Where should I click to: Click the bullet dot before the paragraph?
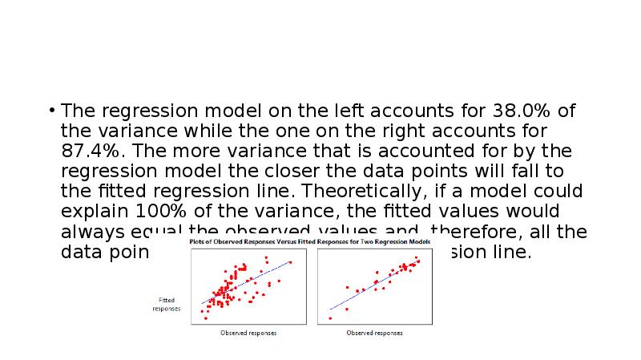pos(51,111)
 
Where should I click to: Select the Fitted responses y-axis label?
pos(167,304)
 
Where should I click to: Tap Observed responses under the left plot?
pos(248,333)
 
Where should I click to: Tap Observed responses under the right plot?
pos(374,333)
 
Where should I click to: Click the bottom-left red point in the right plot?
pos(330,318)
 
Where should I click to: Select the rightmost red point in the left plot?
pos(290,262)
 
